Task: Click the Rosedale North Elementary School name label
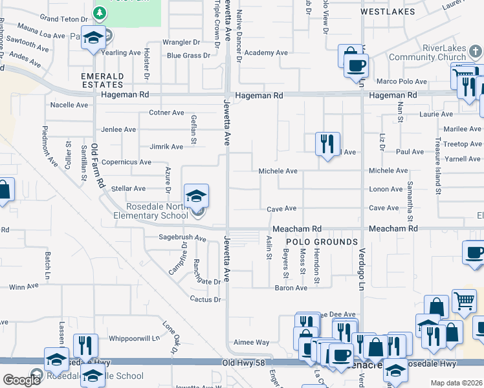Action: pos(157,211)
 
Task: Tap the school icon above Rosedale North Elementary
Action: pos(197,195)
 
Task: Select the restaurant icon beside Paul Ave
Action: pos(327,143)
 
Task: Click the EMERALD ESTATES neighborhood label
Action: pos(102,80)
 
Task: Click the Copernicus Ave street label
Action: pos(127,162)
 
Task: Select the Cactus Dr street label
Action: pos(206,299)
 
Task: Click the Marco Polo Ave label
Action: pos(402,81)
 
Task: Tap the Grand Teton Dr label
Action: pos(63,18)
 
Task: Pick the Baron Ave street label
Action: pos(291,288)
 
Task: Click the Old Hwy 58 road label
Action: pos(243,365)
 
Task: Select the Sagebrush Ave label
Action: pos(182,238)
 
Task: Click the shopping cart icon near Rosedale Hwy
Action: pos(464,301)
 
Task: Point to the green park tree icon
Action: pos(99,12)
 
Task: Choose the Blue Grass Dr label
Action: pos(189,56)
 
